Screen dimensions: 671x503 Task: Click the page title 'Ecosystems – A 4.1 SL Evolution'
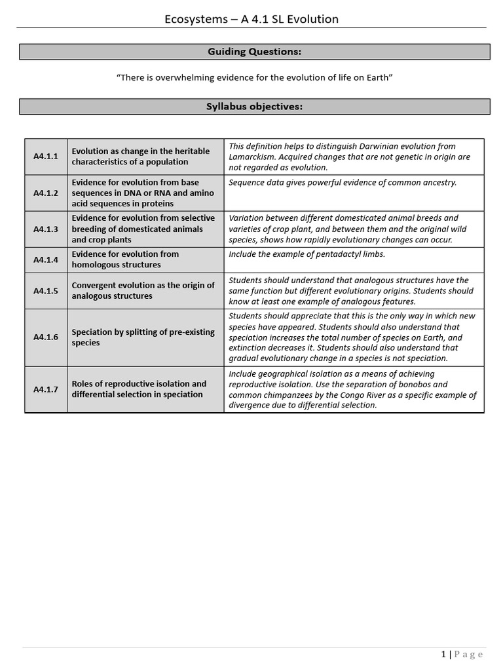tap(251, 19)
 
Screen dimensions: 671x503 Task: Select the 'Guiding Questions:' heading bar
tap(254, 52)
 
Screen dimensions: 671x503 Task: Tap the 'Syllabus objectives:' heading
tap(254, 107)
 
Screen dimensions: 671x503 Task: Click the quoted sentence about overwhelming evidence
tap(254, 78)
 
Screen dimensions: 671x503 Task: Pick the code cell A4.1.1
tap(46, 157)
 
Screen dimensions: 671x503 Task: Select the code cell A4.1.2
tap(46, 193)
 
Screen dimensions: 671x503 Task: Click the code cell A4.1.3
tap(46, 229)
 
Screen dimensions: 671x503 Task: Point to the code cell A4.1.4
tap(46, 259)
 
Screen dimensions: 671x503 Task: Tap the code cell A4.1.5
tap(46, 291)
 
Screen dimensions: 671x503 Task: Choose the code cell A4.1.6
tap(46, 337)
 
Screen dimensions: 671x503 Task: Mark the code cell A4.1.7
tap(46, 389)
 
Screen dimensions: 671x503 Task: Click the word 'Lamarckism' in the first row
tap(254, 157)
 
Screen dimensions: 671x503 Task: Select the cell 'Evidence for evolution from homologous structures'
tap(145, 259)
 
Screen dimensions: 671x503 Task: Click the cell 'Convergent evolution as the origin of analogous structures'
tap(145, 290)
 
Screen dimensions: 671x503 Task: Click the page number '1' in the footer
tap(443, 654)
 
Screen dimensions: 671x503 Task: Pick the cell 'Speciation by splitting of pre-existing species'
tap(145, 337)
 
